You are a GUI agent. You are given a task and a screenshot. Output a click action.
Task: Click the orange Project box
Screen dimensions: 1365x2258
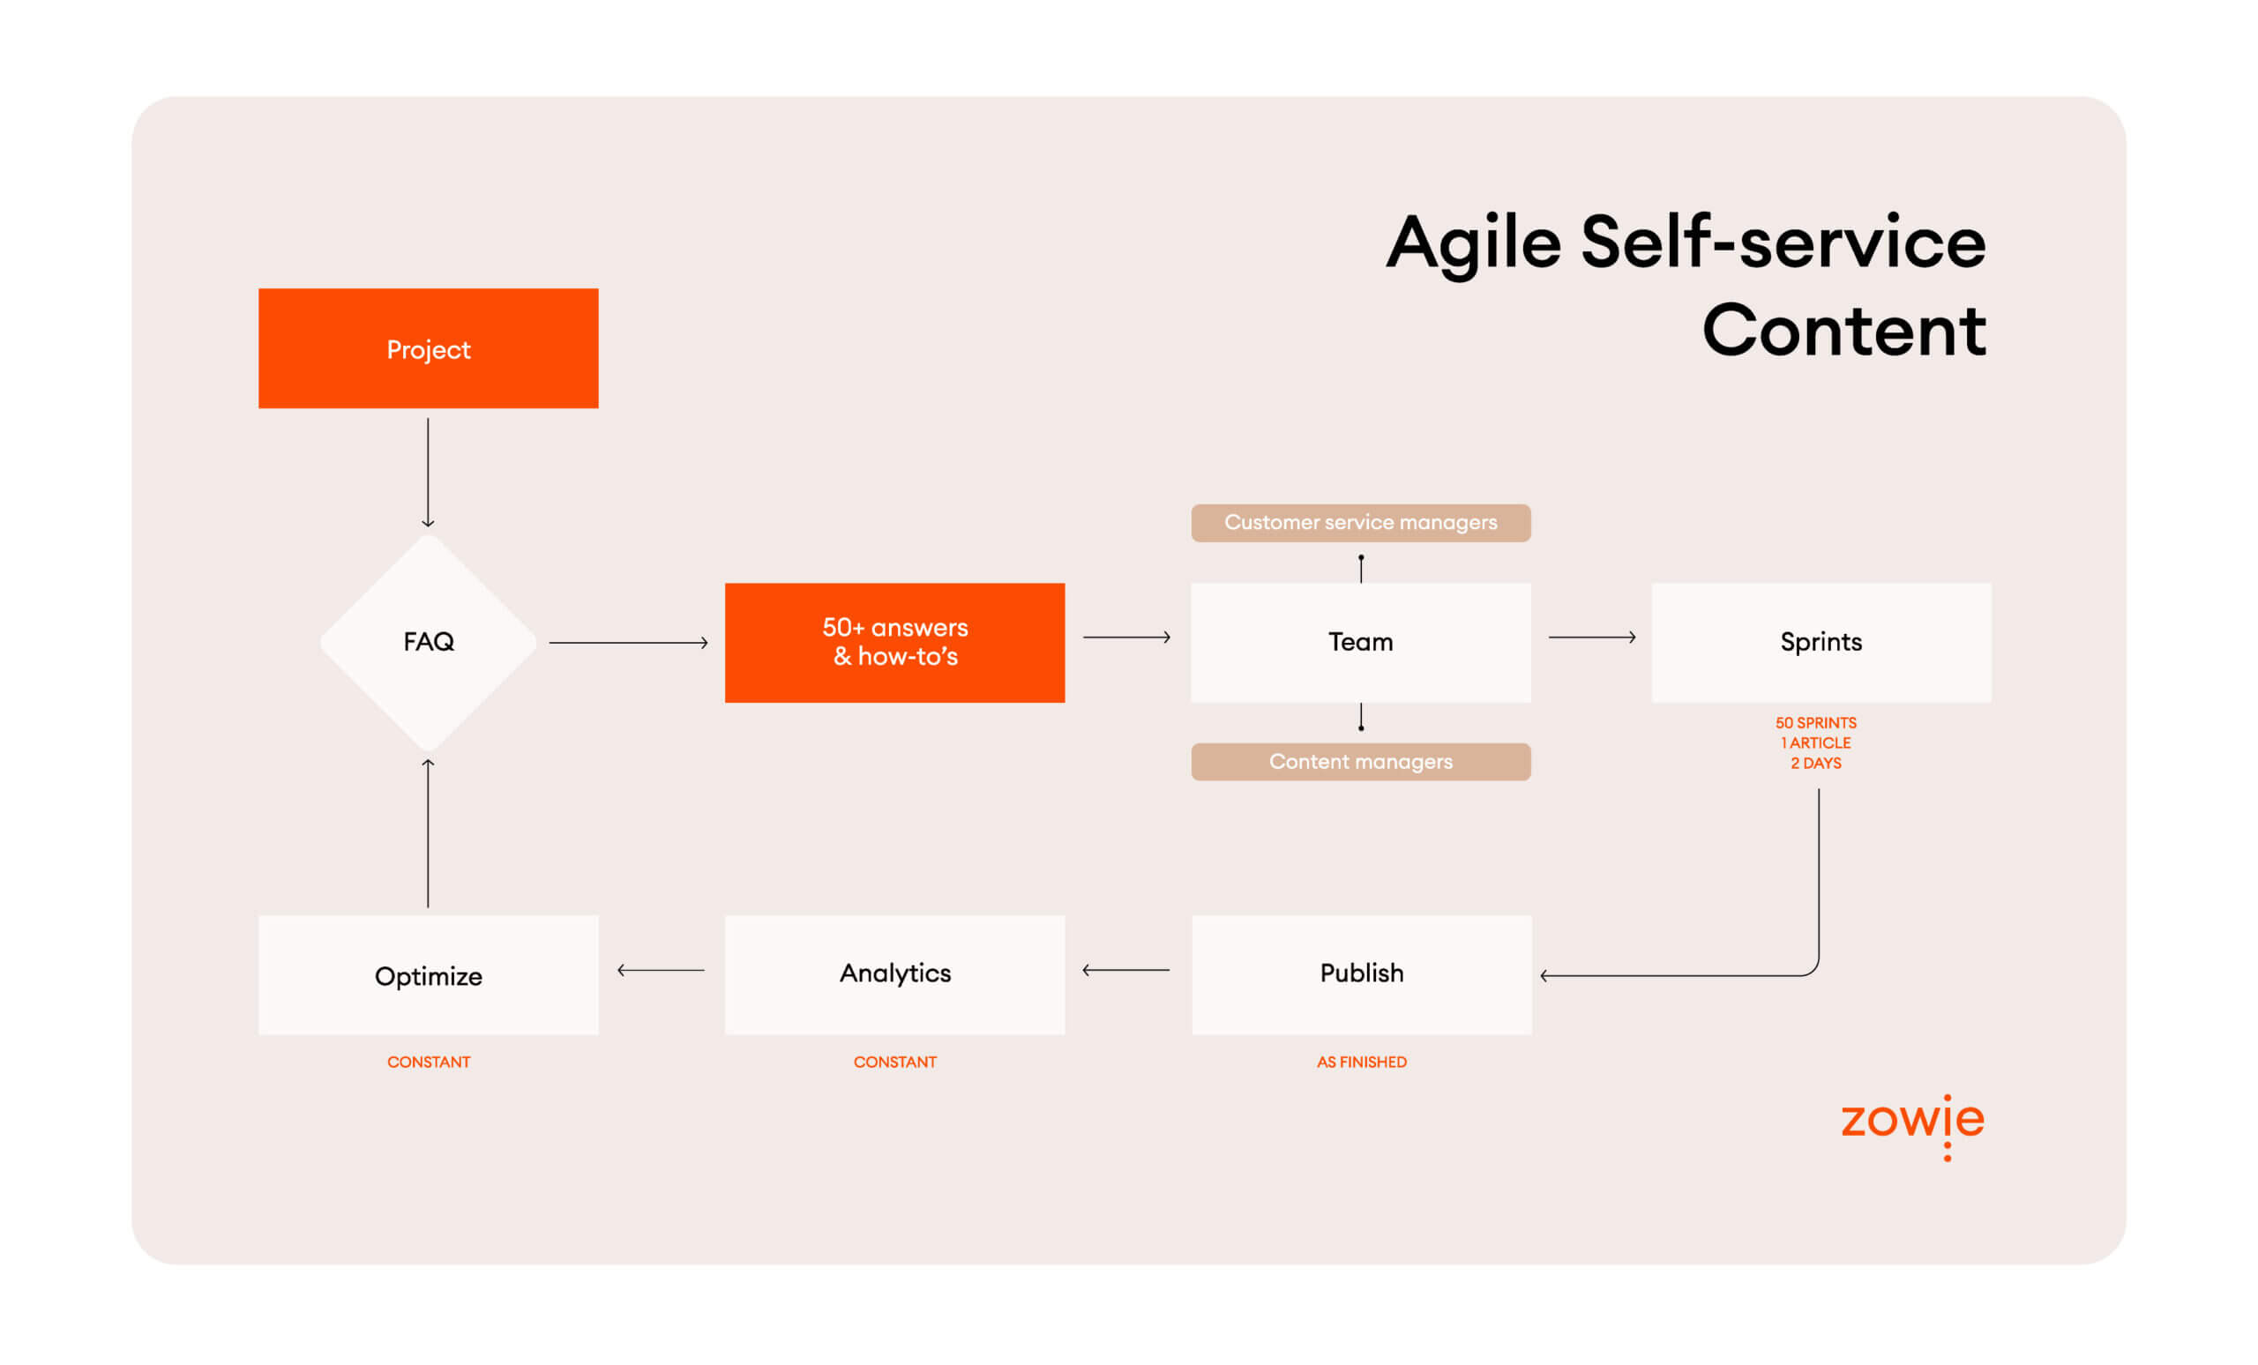tap(428, 348)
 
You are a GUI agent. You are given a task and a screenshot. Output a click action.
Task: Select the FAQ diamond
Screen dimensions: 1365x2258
tap(428, 641)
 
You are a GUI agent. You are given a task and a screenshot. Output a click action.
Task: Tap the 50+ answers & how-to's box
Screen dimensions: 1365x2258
tap(894, 642)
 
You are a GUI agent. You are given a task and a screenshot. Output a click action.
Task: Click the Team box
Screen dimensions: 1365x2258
tap(1361, 642)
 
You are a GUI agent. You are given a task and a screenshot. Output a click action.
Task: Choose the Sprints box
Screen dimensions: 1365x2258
tap(1821, 642)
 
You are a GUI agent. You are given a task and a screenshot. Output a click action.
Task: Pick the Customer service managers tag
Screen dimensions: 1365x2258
tap(1361, 522)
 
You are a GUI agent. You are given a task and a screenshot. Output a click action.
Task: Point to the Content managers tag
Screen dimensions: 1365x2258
tap(1361, 761)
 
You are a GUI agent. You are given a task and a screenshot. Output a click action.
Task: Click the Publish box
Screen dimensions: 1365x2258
tap(1362, 973)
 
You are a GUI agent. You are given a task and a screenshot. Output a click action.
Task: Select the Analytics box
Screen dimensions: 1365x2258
tap(894, 973)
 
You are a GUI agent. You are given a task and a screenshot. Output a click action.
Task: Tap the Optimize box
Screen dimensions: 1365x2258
tap(428, 974)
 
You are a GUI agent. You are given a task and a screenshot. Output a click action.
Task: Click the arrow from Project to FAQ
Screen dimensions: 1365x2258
tap(428, 472)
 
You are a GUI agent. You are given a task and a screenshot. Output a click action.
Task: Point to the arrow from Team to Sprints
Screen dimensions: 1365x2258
tap(1592, 637)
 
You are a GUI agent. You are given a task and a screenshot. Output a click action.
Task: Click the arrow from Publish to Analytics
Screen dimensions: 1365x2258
tap(1125, 969)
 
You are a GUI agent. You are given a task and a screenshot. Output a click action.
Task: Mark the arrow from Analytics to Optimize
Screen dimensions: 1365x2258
tap(661, 969)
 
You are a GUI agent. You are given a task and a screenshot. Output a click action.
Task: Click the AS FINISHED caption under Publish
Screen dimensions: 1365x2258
tap(1362, 1062)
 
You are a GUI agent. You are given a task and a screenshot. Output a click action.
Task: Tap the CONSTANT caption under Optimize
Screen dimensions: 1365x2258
tap(428, 1062)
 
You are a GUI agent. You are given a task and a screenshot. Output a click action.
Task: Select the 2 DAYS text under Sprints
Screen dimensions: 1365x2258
tap(1815, 763)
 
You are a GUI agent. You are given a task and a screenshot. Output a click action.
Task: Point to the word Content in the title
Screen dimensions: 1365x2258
tap(1843, 330)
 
